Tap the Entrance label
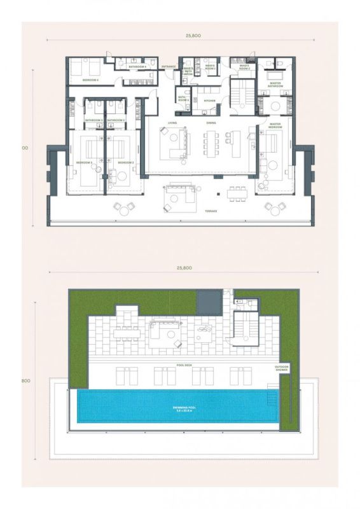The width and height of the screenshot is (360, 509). (x=169, y=66)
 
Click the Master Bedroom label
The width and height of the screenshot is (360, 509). (x=275, y=125)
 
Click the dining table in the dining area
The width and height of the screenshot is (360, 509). (x=211, y=143)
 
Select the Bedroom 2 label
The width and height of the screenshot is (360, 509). (x=125, y=162)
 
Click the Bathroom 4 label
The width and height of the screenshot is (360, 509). (x=138, y=66)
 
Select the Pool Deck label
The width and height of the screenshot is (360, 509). (x=184, y=366)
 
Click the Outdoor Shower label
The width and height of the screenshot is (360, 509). (x=281, y=368)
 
